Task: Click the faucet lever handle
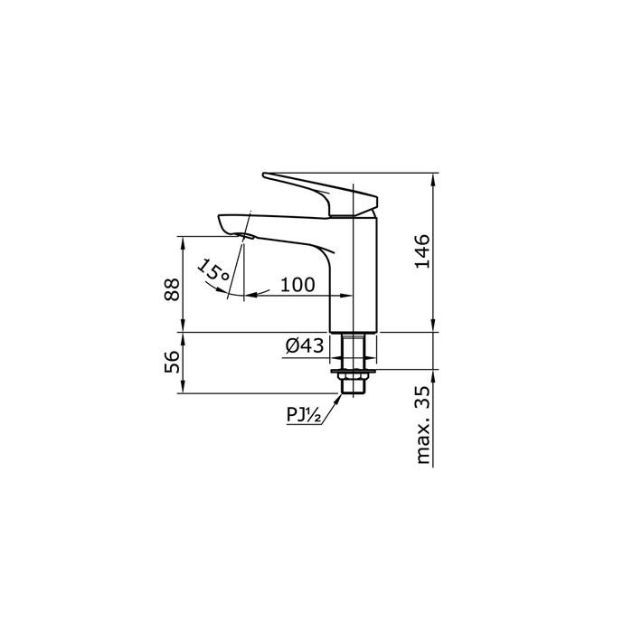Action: point(321,192)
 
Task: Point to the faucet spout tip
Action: point(231,222)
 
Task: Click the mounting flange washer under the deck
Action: point(354,371)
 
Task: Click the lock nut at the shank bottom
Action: point(354,384)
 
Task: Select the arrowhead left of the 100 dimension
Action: point(250,296)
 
